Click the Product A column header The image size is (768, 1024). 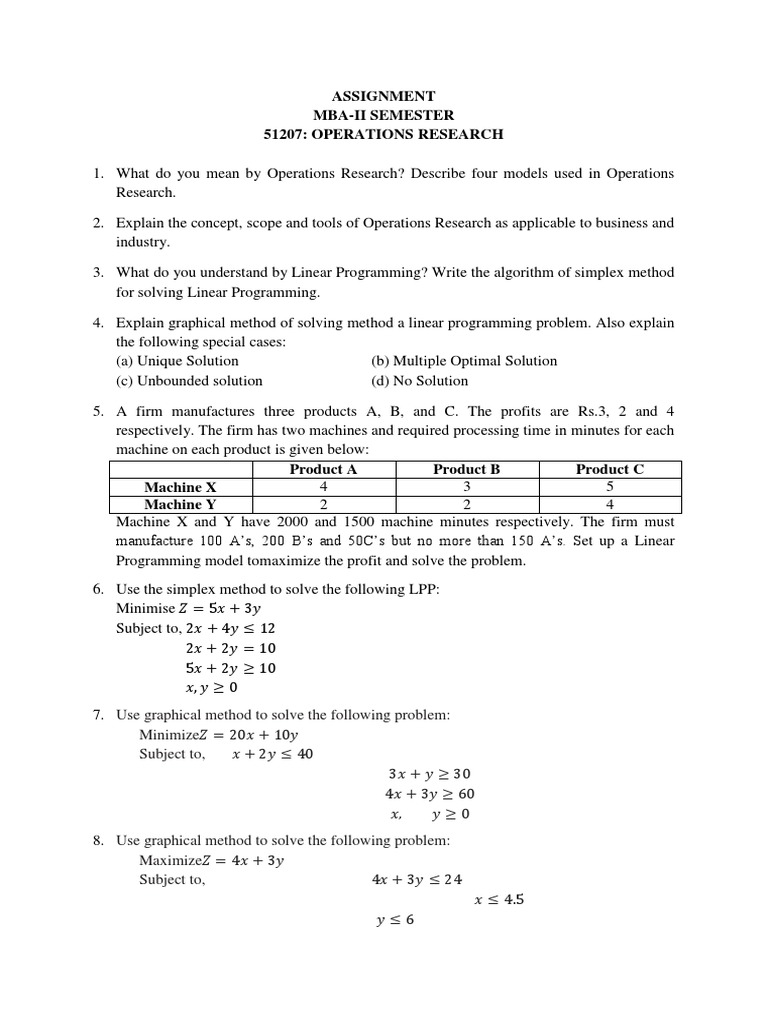323,469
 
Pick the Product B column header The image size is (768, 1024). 466,469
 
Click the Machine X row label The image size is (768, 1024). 180,487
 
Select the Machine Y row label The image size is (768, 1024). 180,504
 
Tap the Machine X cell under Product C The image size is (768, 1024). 609,487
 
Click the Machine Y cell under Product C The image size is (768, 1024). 609,504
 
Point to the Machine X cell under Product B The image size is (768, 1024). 466,487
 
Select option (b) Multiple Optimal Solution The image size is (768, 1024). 464,361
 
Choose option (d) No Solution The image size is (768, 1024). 419,380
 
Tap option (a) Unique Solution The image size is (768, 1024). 178,361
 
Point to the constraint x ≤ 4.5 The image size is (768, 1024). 499,899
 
